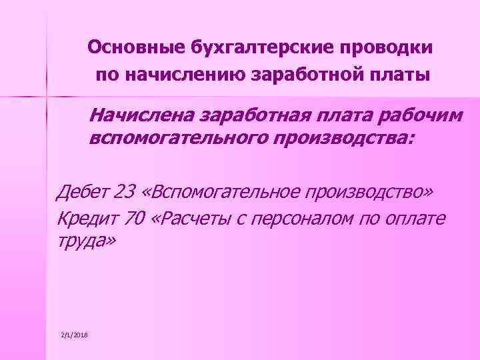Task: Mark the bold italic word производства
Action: (339, 139)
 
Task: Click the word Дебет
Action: (84, 193)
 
